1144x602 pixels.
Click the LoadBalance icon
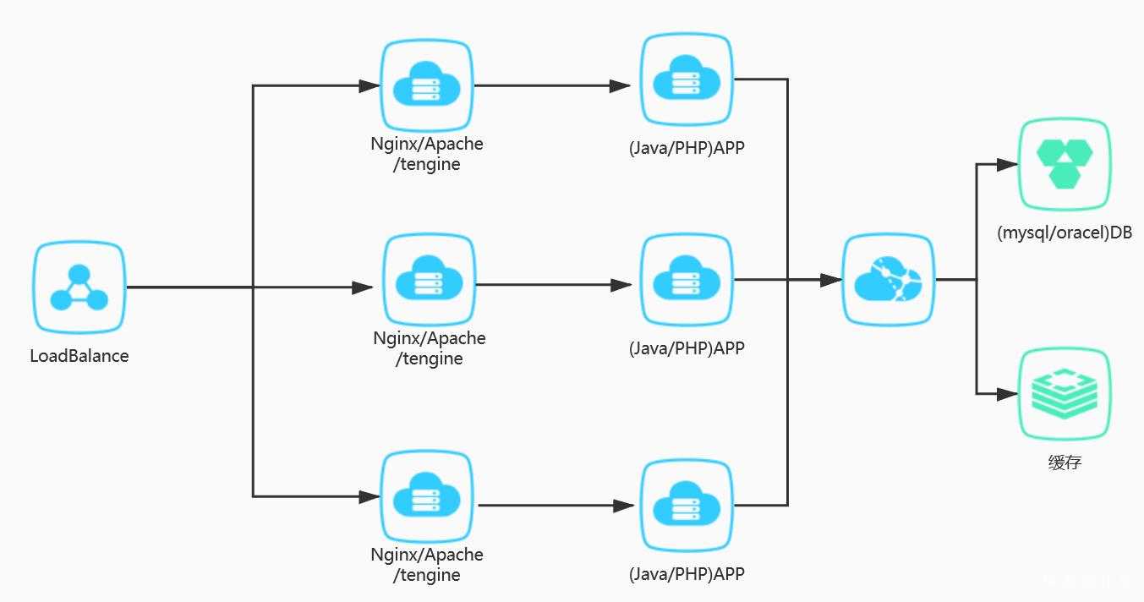click(x=79, y=287)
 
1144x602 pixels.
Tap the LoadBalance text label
click(x=79, y=356)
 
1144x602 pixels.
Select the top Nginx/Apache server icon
click(x=426, y=85)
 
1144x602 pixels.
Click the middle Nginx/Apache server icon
click(x=429, y=280)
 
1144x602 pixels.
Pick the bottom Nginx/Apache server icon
click(x=426, y=495)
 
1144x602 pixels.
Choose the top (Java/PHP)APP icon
click(x=686, y=79)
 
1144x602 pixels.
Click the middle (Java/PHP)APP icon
click(x=686, y=280)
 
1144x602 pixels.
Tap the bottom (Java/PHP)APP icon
click(x=686, y=505)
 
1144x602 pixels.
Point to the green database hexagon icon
click(x=1064, y=163)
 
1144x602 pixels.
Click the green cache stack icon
click(x=1064, y=394)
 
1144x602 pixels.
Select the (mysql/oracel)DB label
click(x=1064, y=233)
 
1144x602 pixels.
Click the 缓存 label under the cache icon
click(x=1064, y=462)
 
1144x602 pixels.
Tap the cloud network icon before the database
click(x=888, y=279)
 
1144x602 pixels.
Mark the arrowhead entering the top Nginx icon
click(x=369, y=85)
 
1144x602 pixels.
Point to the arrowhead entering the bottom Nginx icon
click(x=369, y=495)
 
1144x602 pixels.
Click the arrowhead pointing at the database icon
click(x=1007, y=165)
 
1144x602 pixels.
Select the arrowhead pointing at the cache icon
click(x=1007, y=394)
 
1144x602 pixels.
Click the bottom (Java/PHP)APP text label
click(x=687, y=574)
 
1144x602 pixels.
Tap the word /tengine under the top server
click(x=426, y=164)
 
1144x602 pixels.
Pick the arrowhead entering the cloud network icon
click(x=830, y=279)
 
